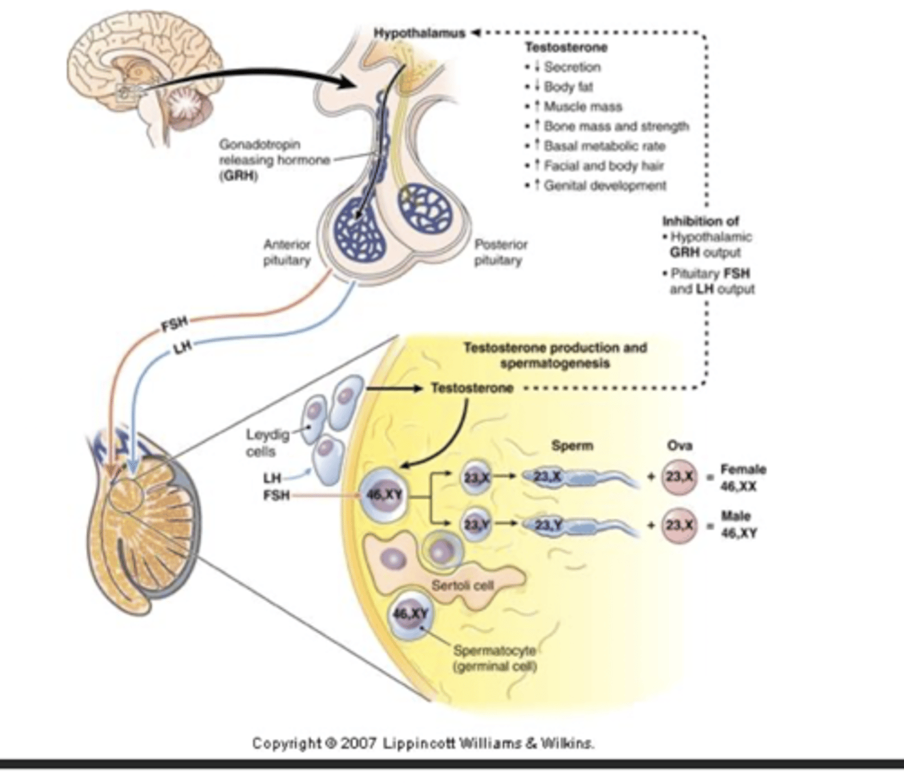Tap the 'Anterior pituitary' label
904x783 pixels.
(x=287, y=253)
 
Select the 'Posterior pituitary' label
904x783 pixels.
(x=500, y=253)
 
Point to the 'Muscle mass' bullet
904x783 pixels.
(x=582, y=106)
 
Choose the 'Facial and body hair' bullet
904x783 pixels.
(x=603, y=166)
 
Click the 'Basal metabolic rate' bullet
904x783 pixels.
(x=604, y=146)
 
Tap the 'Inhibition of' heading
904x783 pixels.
(x=700, y=221)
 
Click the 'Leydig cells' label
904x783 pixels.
(x=260, y=443)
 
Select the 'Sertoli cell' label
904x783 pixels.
(x=462, y=585)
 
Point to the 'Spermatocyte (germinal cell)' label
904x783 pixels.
(x=494, y=658)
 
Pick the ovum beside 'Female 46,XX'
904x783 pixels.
(x=679, y=477)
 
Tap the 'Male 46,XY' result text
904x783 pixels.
(x=738, y=525)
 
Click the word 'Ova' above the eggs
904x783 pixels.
(x=679, y=446)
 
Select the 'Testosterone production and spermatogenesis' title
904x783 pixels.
(x=555, y=356)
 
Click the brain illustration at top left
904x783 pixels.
(x=144, y=78)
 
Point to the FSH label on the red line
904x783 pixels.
(x=174, y=324)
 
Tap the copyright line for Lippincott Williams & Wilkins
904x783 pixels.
(x=423, y=743)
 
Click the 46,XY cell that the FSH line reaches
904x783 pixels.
(x=384, y=495)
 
